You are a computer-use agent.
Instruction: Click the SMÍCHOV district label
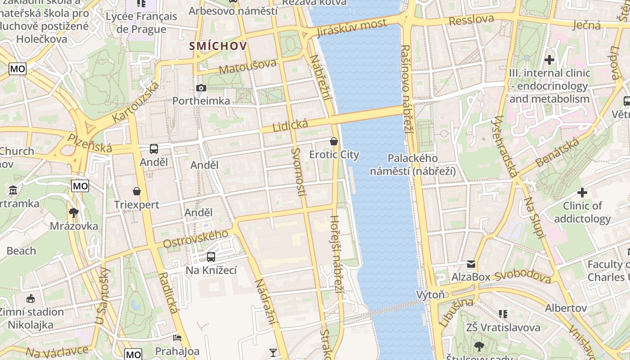click(x=218, y=46)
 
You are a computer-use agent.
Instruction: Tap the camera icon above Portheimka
click(x=201, y=88)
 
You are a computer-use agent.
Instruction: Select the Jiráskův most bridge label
click(x=351, y=28)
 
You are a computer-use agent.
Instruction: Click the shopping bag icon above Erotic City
click(x=334, y=141)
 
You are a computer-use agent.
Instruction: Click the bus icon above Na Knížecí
click(x=211, y=257)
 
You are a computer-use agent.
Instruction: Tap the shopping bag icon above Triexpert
click(x=137, y=191)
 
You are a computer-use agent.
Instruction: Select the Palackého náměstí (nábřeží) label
click(x=413, y=165)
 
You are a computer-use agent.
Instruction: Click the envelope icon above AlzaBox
click(x=471, y=264)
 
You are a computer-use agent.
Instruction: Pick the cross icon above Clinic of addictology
click(x=582, y=193)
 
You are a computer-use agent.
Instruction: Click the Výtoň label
click(x=430, y=295)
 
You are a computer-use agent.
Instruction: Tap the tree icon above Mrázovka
click(x=73, y=212)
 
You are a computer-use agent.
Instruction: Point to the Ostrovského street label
click(x=196, y=239)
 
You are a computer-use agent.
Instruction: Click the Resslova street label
click(x=471, y=20)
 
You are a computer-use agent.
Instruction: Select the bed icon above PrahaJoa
click(x=177, y=337)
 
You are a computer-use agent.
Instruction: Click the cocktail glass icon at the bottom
click(x=273, y=352)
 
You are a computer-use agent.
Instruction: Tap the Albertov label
click(x=566, y=308)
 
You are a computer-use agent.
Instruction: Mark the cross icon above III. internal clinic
click(x=549, y=59)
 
